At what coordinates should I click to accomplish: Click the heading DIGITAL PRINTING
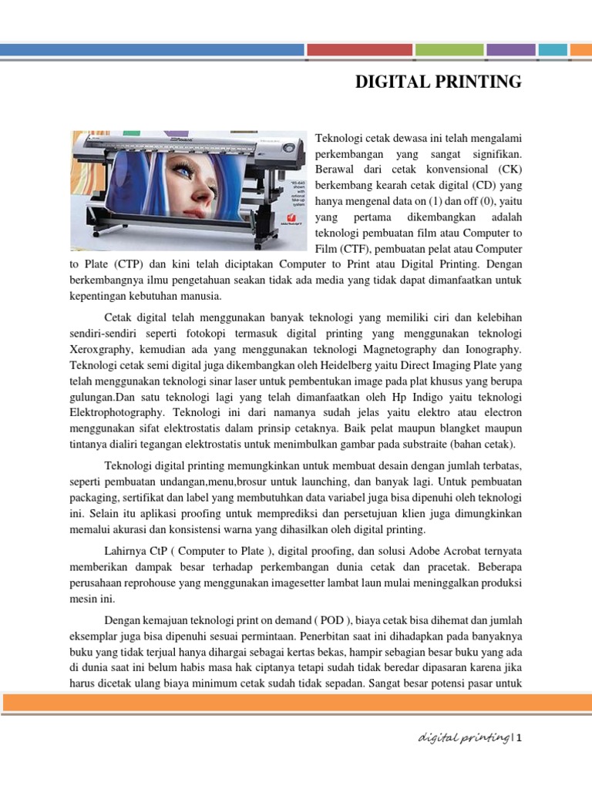tap(438, 82)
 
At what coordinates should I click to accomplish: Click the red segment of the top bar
tap(359, 50)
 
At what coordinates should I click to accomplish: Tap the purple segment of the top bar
tap(510, 50)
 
